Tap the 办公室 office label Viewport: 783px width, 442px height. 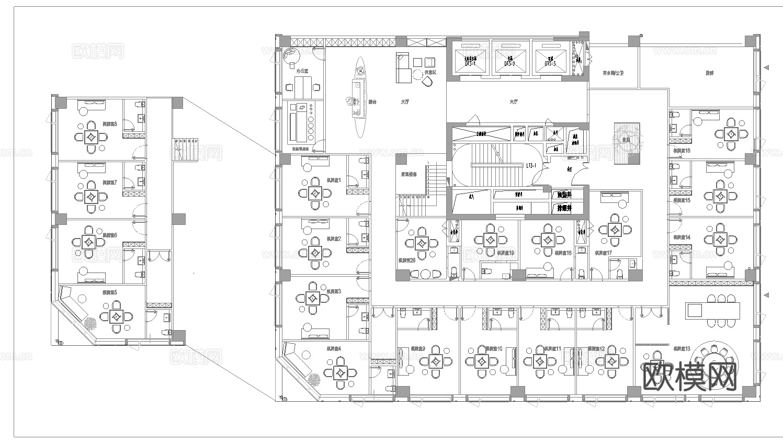tap(302, 70)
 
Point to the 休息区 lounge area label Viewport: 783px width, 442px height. tap(430, 72)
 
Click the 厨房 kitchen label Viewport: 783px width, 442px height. tap(709, 73)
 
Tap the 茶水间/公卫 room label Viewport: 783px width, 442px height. tap(613, 73)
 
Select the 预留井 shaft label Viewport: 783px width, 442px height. tap(564, 195)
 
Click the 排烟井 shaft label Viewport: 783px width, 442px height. tap(564, 208)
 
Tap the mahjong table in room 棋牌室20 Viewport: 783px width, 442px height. tap(422, 243)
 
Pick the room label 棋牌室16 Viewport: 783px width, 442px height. tap(681, 151)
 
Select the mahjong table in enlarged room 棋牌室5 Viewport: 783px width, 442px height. tap(117, 316)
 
